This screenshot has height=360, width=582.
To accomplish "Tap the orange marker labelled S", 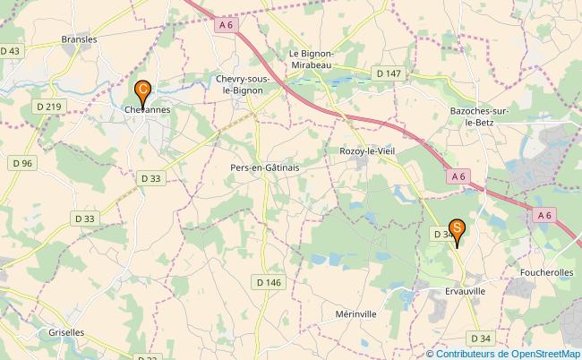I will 457,230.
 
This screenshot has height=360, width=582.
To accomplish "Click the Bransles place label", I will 79,39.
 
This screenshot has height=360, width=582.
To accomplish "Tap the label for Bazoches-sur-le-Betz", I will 479,116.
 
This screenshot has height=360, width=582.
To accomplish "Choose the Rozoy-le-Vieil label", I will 367,151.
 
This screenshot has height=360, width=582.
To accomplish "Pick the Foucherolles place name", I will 546,270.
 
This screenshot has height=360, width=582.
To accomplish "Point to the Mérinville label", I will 331,313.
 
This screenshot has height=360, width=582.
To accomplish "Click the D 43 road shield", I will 11,52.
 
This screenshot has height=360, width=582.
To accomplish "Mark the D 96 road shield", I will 22,163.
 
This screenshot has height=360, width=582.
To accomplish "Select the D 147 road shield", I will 388,73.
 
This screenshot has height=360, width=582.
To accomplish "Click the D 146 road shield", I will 269,282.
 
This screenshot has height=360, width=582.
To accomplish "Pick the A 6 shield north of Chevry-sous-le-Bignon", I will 226,26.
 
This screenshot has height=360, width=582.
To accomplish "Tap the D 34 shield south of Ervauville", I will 480,338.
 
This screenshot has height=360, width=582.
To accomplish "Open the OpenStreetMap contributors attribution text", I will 503,353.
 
